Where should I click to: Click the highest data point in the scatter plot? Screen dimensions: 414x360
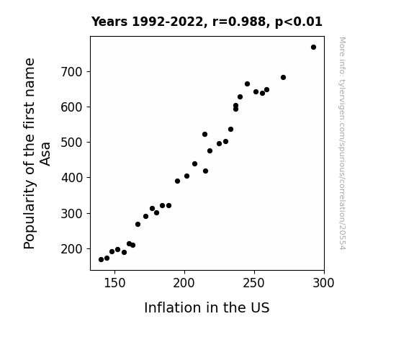click(x=313, y=48)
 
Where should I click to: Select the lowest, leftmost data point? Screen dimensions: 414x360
click(x=101, y=260)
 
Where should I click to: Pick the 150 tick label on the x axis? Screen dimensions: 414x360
click(x=114, y=283)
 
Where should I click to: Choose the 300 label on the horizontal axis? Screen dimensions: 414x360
click(x=323, y=283)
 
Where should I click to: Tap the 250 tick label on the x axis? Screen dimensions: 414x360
click(x=253, y=283)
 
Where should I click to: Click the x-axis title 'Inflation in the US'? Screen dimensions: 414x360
click(x=207, y=307)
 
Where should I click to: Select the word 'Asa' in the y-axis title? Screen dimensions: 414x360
click(x=45, y=154)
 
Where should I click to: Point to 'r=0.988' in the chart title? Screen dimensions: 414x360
click(x=239, y=22)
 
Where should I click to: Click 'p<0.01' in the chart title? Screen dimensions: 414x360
click(x=299, y=22)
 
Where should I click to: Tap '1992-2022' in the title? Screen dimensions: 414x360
click(x=168, y=22)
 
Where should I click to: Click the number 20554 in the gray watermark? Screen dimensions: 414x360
click(x=342, y=238)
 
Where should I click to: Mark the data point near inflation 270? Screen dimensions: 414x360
click(x=283, y=77)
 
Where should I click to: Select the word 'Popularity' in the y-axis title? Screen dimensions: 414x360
click(x=29, y=215)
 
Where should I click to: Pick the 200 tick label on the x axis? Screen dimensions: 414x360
click(x=184, y=283)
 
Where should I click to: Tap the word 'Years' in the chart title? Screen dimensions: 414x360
click(x=109, y=22)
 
